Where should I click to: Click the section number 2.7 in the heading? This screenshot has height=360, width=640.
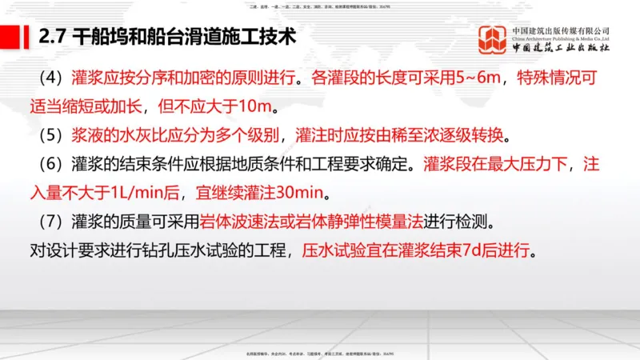(51, 37)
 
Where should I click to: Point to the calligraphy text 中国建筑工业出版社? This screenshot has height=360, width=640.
(560, 48)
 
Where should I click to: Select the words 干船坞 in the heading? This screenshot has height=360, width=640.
(96, 37)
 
